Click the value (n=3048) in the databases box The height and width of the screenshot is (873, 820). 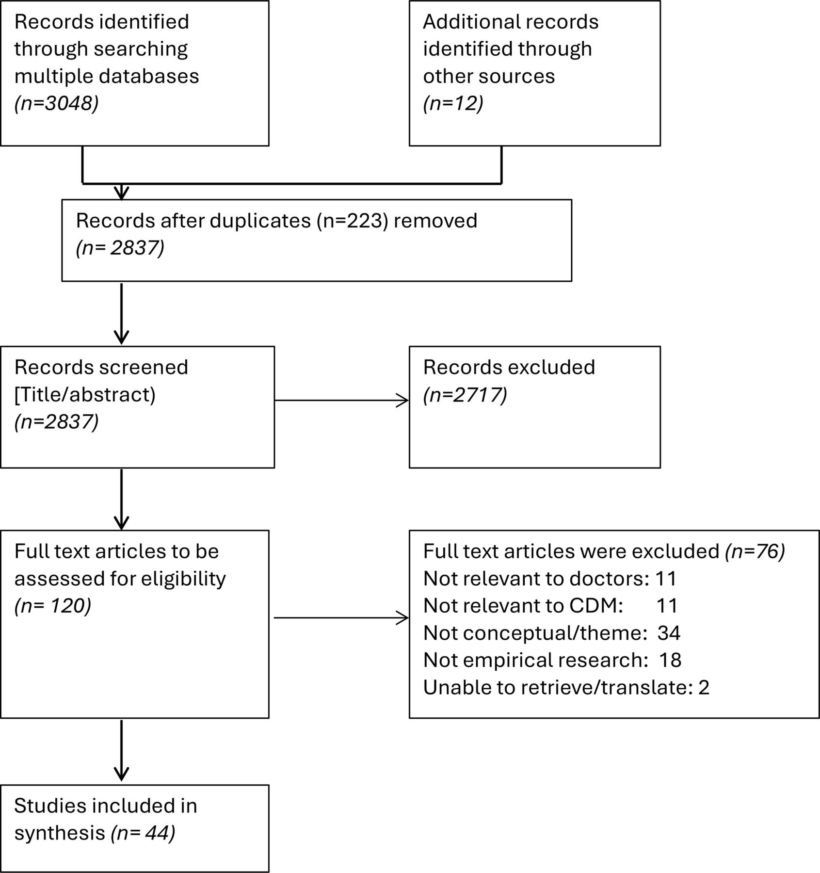(56, 103)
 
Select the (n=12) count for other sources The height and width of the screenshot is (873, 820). (453, 103)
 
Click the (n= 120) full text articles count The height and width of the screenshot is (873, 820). (52, 606)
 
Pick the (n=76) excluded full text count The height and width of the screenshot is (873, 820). (755, 551)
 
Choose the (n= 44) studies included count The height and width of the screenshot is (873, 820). (143, 833)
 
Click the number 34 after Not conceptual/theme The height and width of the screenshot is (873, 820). (669, 633)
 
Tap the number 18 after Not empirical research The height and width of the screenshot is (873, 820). (670, 660)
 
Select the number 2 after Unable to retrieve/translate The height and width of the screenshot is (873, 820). (704, 687)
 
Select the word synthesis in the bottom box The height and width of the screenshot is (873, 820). (60, 833)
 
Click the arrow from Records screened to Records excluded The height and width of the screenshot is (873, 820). (341, 401)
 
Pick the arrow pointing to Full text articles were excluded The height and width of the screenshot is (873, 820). (341, 618)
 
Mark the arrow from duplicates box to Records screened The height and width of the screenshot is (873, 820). (121, 313)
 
